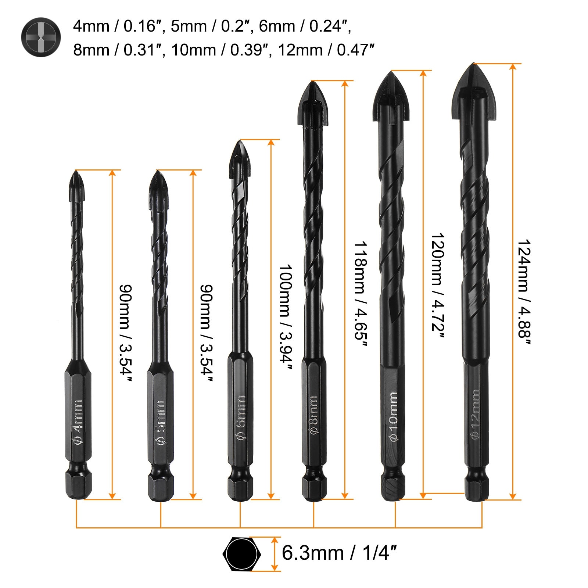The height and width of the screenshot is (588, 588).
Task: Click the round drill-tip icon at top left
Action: pyautogui.click(x=41, y=37)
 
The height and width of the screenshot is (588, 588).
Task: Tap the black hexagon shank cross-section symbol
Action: pyautogui.click(x=242, y=553)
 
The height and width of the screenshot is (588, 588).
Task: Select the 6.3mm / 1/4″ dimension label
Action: pyautogui.click(x=339, y=553)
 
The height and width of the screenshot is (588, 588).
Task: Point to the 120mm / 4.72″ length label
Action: pyautogui.click(x=438, y=287)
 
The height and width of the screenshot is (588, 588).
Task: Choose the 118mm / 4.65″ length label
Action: pyautogui.click(x=361, y=294)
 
